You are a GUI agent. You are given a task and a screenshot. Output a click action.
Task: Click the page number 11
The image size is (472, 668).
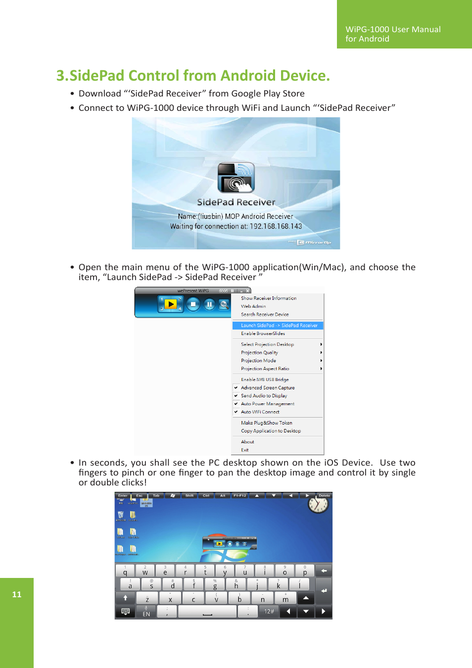17,594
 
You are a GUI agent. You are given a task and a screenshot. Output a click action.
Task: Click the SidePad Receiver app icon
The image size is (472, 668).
236,178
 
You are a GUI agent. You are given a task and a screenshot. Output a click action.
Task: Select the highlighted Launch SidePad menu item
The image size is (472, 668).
279,326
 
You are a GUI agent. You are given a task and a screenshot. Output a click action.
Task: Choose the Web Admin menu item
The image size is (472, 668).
253,306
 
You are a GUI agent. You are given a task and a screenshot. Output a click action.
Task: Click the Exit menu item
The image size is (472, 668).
245,450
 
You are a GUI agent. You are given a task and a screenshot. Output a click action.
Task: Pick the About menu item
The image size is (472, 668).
247,442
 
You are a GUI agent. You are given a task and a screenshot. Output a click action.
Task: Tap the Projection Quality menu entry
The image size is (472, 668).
259,353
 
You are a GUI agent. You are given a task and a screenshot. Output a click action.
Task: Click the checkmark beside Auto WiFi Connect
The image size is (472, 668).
236,412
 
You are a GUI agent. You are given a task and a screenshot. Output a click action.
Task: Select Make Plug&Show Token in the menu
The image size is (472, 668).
266,423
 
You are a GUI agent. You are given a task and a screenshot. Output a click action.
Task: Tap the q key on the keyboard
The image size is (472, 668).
125,572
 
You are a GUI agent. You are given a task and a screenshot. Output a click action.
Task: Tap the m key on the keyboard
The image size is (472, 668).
285,599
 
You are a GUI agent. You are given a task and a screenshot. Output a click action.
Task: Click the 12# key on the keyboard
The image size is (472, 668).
269,612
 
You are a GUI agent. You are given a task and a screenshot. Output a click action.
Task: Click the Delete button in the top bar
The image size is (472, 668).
325,495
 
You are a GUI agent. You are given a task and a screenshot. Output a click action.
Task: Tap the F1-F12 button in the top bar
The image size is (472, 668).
240,495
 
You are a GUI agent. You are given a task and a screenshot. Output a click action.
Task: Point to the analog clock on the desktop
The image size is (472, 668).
318,505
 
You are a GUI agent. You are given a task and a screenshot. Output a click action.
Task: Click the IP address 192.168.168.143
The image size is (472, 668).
276,227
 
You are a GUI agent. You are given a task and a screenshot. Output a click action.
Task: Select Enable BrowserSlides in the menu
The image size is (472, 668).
263,334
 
